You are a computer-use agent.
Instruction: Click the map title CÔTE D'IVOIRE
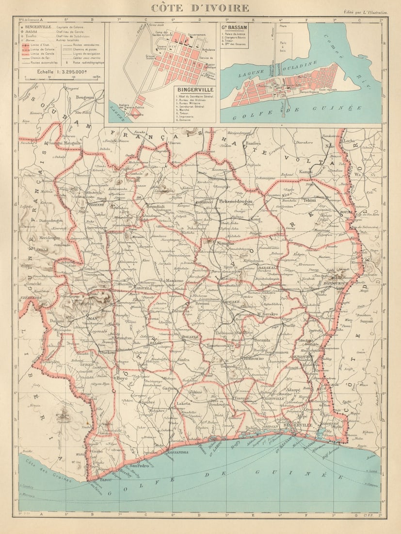(x=200, y=8)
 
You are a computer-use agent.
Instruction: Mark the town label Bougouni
(x=85, y=97)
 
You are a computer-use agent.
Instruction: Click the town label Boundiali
(x=155, y=206)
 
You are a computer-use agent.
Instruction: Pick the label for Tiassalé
(x=241, y=398)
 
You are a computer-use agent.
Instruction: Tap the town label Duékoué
(x=108, y=352)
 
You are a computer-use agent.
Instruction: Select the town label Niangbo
(x=225, y=243)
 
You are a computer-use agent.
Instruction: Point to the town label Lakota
(x=183, y=403)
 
